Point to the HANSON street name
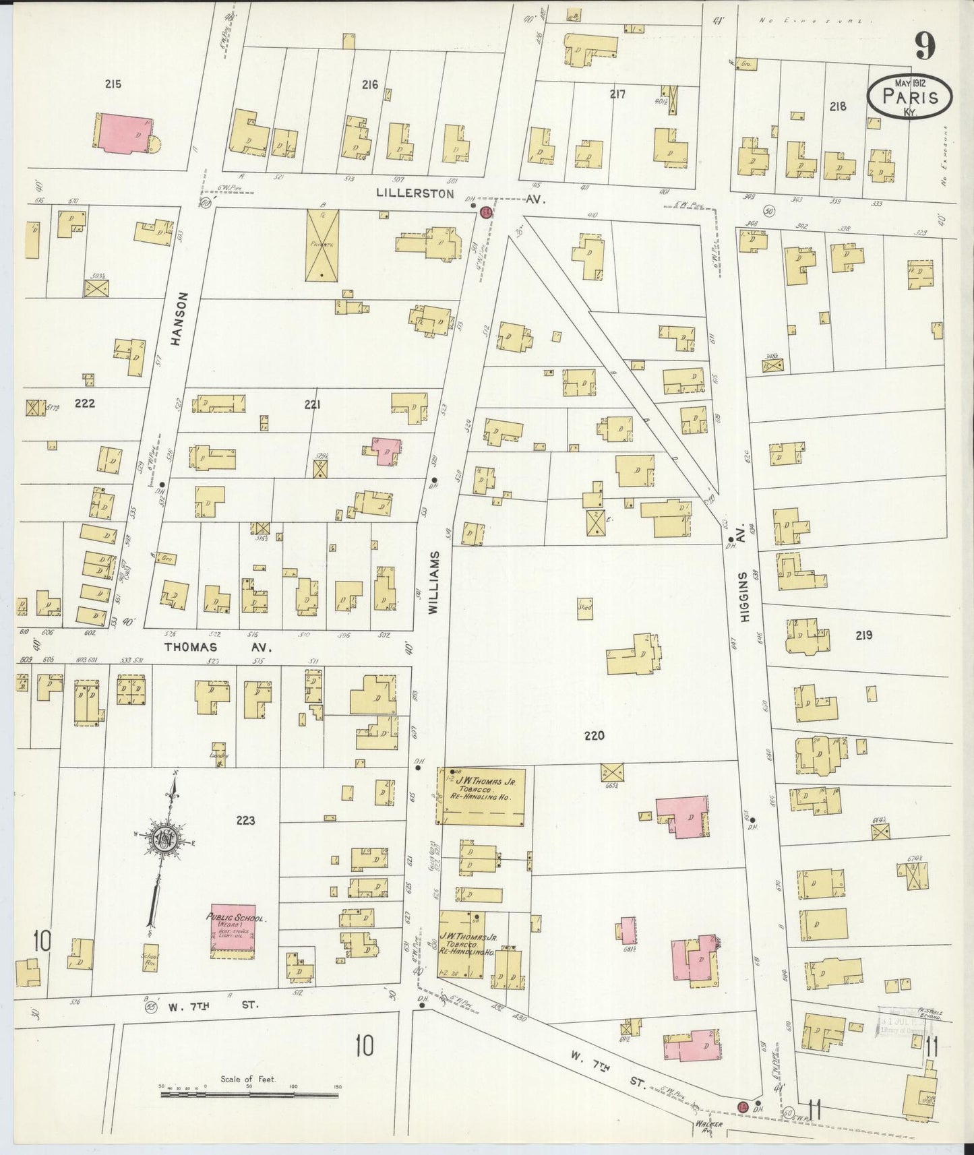(x=178, y=329)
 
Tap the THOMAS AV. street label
(x=218, y=648)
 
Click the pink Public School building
(x=233, y=931)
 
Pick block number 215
(x=113, y=84)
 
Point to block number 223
(x=245, y=820)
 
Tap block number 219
(x=863, y=635)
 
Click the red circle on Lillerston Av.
(x=485, y=212)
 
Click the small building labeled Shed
(x=585, y=608)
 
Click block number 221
(x=311, y=404)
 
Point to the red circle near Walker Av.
(x=743, y=1107)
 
